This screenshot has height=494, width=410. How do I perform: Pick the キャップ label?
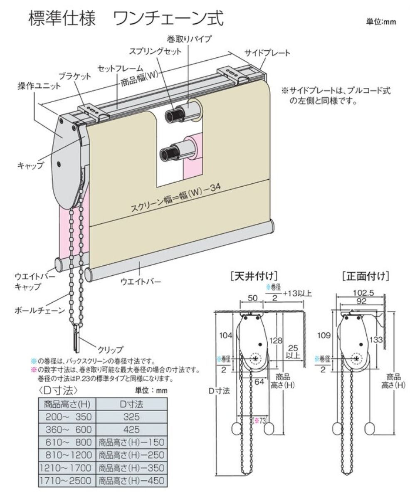coord(30,165)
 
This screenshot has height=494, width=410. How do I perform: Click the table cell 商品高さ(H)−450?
coord(131,481)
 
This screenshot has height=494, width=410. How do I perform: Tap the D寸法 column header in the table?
coord(131,403)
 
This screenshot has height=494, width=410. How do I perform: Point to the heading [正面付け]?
coord(365,276)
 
